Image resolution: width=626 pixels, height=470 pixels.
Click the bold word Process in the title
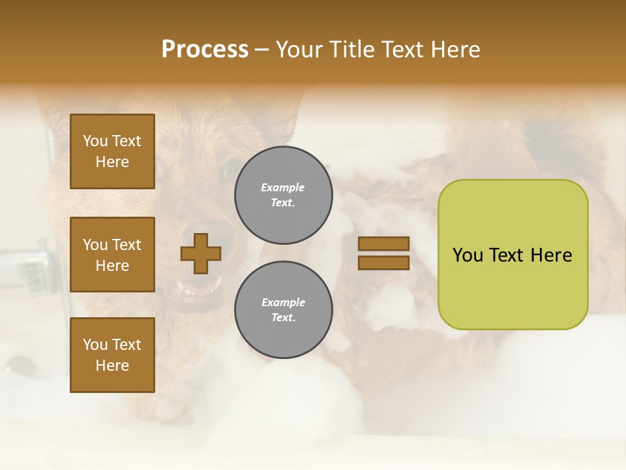(205, 50)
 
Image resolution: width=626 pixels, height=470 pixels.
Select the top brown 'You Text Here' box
(112, 151)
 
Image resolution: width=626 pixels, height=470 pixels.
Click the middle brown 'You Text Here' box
(112, 255)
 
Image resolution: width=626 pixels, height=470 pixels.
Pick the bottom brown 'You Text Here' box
(112, 355)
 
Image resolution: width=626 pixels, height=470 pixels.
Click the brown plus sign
(201, 253)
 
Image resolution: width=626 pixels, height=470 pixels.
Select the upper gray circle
(283, 195)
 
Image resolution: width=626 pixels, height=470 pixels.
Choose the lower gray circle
(283, 309)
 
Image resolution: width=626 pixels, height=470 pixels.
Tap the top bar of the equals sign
(383, 243)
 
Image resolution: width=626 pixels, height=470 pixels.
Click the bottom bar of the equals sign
(383, 262)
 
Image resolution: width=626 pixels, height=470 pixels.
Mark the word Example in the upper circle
(283, 187)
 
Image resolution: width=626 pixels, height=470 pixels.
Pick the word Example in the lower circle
(283, 302)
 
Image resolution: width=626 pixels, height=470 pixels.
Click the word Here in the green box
(551, 255)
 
